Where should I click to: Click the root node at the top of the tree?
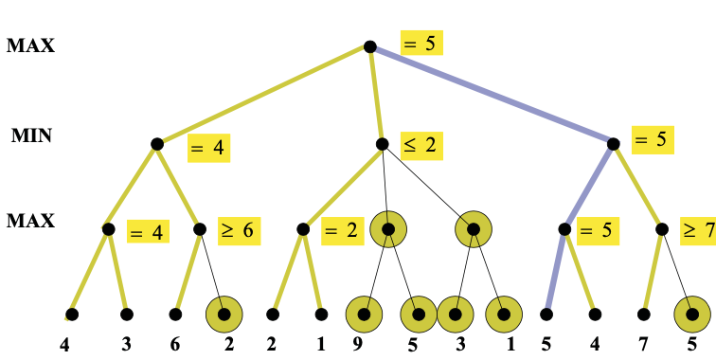(369, 46)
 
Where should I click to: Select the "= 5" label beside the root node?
(421, 43)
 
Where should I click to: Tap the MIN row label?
(31, 135)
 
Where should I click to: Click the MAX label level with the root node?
(30, 45)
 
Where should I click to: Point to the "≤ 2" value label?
(422, 145)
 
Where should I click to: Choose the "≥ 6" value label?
(237, 229)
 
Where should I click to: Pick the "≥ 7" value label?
(697, 229)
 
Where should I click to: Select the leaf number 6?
(175, 345)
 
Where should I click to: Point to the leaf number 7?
(646, 345)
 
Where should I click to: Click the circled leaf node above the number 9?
(365, 314)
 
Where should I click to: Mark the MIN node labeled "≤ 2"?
(382, 144)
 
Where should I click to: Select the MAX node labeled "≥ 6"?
(200, 228)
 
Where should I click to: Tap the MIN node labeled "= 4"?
(157, 144)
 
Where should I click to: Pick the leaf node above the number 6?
(175, 314)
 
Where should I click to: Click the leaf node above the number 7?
(644, 314)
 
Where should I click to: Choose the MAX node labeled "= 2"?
(303, 228)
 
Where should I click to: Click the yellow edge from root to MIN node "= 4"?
(263, 95)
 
